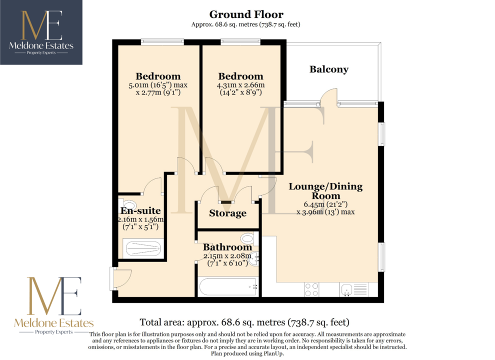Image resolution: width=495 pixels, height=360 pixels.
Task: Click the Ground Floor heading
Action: tap(246, 14)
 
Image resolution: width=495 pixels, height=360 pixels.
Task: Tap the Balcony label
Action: tap(329, 69)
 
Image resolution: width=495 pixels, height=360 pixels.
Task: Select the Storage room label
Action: tap(227, 213)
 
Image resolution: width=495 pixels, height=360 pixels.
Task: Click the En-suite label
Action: tap(141, 210)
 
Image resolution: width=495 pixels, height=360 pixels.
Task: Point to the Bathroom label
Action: tap(227, 247)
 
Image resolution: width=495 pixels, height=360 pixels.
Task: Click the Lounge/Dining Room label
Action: tap(326, 190)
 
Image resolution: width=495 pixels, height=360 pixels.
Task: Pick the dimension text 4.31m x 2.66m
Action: tap(240, 85)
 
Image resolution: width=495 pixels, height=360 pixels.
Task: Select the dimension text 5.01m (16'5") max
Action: tap(158, 85)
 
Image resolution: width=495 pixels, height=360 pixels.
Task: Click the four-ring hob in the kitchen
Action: tap(311, 290)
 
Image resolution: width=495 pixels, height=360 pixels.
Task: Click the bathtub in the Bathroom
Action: tap(228, 286)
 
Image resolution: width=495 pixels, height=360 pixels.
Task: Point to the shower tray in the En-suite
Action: tap(143, 248)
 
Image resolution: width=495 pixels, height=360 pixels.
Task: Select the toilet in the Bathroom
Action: tap(249, 238)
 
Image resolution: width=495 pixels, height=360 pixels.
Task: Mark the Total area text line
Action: tap(244, 322)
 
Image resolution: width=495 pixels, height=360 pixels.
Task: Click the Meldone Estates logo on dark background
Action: tap(41, 32)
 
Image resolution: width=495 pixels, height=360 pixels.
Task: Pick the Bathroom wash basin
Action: tap(254, 258)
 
